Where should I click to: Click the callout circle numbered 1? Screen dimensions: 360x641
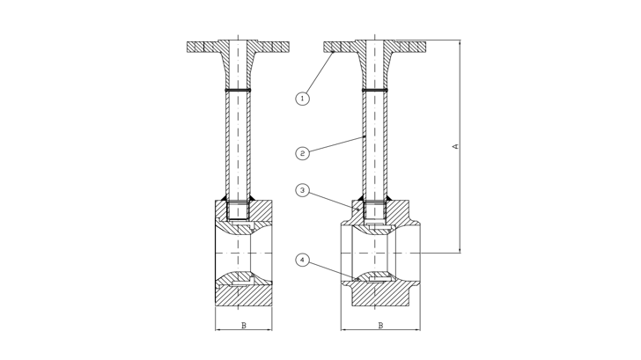302,99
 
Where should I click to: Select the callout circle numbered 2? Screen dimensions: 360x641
302,152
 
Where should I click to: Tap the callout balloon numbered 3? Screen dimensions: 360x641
302,190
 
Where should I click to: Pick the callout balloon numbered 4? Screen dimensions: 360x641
302,260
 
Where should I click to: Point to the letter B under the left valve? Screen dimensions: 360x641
243,325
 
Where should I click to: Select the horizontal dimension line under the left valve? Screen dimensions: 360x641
243,333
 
